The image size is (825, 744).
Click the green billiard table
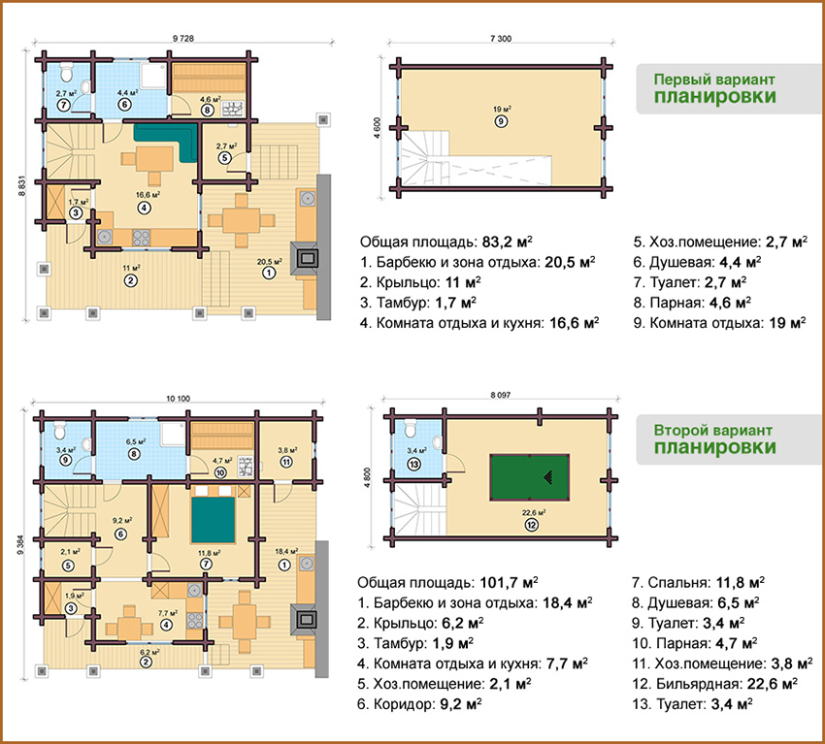[x=529, y=478]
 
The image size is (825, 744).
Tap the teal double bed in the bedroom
[x=214, y=520]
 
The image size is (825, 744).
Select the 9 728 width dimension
[x=183, y=39]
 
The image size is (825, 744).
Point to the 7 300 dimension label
[x=501, y=39]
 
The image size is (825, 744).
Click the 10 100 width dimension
[x=178, y=399]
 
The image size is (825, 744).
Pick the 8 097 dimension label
[x=501, y=395]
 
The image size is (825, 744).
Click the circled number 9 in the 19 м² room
[x=501, y=122]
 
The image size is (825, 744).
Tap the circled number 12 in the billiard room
[x=532, y=525]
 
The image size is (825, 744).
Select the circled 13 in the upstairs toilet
[x=414, y=465]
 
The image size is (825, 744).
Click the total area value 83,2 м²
[x=508, y=242]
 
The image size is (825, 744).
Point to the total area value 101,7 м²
[x=509, y=583]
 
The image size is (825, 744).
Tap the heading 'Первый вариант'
[x=714, y=80]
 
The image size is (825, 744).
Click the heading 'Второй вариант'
[x=713, y=430]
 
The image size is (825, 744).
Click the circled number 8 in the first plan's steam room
[x=208, y=110]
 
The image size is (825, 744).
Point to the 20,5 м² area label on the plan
[x=270, y=261]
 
